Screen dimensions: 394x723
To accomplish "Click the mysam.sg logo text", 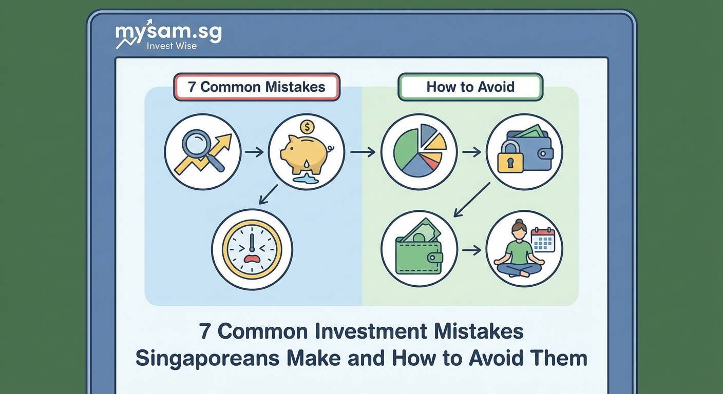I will (x=168, y=32).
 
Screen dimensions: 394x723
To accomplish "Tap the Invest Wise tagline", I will (x=172, y=46).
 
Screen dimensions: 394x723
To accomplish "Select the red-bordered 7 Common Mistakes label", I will (x=257, y=87).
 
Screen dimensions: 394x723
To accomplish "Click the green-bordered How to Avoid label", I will (x=470, y=87).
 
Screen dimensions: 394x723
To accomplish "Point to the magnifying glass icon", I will (x=198, y=145).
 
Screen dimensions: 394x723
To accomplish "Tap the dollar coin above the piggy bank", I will (x=307, y=126).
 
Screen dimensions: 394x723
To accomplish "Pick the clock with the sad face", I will (x=252, y=250).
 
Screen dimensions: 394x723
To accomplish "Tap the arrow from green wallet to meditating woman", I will (x=471, y=250).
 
